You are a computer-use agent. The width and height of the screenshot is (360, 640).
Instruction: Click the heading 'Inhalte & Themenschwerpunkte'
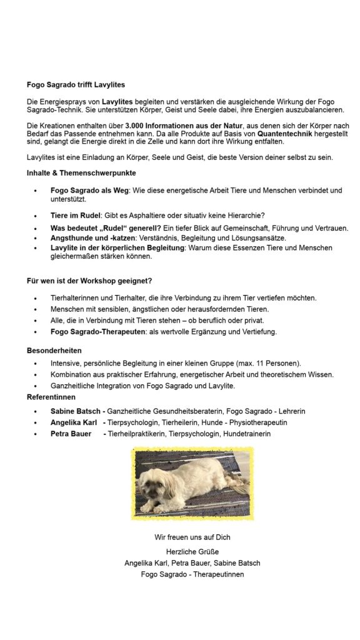pos(82,172)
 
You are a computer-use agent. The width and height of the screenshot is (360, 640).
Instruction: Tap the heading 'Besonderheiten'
pos(54,351)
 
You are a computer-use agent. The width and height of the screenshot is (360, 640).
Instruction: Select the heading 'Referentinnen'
pos(51,397)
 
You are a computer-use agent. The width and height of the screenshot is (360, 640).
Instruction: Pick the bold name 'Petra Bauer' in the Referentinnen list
pos(71,434)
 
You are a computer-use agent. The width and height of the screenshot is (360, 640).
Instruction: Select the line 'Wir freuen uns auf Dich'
pos(192,537)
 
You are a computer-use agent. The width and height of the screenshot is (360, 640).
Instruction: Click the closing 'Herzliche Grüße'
pos(192,552)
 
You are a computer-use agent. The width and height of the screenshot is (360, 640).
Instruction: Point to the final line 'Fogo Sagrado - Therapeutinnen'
pos(192,574)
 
